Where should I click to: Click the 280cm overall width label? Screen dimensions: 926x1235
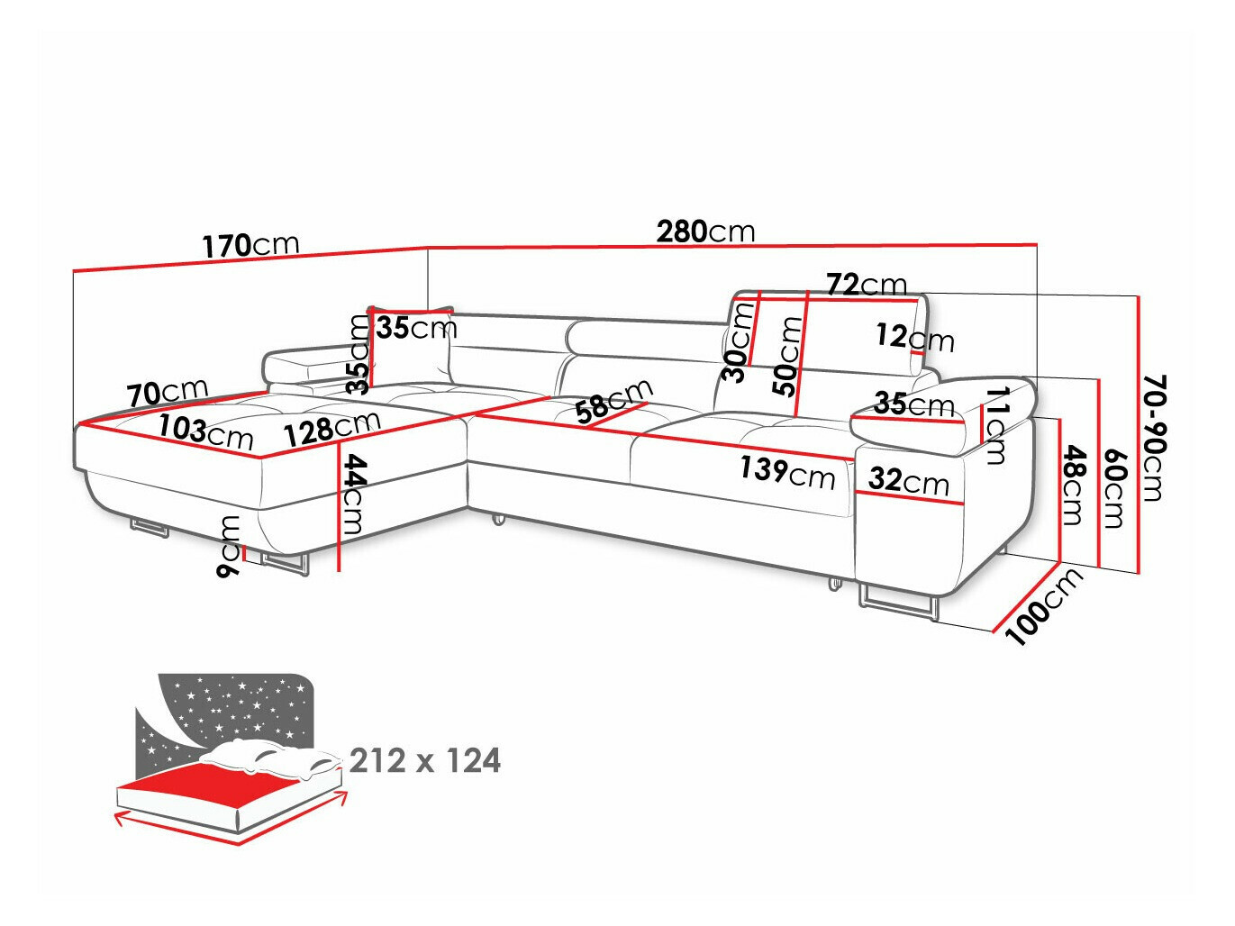705,231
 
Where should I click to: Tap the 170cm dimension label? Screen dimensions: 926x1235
250,245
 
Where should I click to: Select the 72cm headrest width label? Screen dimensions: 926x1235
866,285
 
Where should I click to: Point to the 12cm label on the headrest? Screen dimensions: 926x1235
914,338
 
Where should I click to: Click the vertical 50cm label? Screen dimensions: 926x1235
788,357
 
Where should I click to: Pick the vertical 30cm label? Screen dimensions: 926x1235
739,342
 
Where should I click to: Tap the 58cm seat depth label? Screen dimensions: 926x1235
613,401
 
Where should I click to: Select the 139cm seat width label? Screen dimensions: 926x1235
787,471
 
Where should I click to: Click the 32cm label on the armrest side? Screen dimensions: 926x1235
909,481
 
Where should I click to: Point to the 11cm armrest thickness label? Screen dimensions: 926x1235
994,424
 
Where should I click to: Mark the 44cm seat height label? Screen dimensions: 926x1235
354,494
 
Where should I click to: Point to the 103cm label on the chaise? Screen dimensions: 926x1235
206,431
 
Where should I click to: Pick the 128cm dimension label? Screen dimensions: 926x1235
331,429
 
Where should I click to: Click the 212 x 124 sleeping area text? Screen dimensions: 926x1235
424,761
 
